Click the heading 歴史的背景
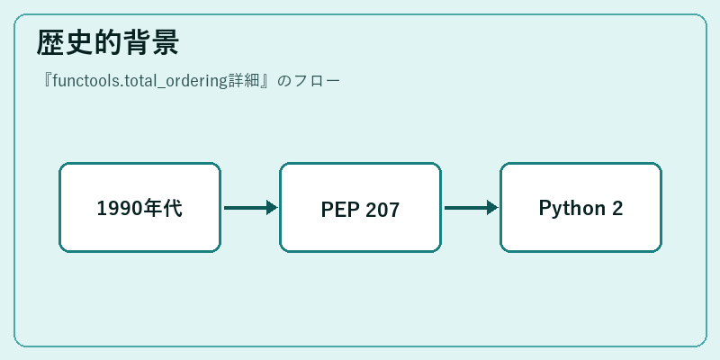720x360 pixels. click(107, 42)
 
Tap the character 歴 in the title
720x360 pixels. click(50, 42)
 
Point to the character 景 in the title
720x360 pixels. click(165, 42)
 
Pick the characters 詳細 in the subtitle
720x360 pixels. click(244, 81)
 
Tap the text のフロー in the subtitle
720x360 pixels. click(309, 81)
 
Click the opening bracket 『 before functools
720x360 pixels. click(47, 81)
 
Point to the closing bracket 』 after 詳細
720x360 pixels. click(265, 81)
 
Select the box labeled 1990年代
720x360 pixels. click(140, 208)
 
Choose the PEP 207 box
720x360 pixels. click(361, 208)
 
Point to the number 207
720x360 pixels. click(382, 210)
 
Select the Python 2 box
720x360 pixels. click(580, 208)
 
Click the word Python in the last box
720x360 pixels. click(572, 209)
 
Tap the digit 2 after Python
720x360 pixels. click(617, 208)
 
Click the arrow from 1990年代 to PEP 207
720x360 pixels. click(251, 208)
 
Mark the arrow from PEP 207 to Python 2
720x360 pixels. click(471, 208)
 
